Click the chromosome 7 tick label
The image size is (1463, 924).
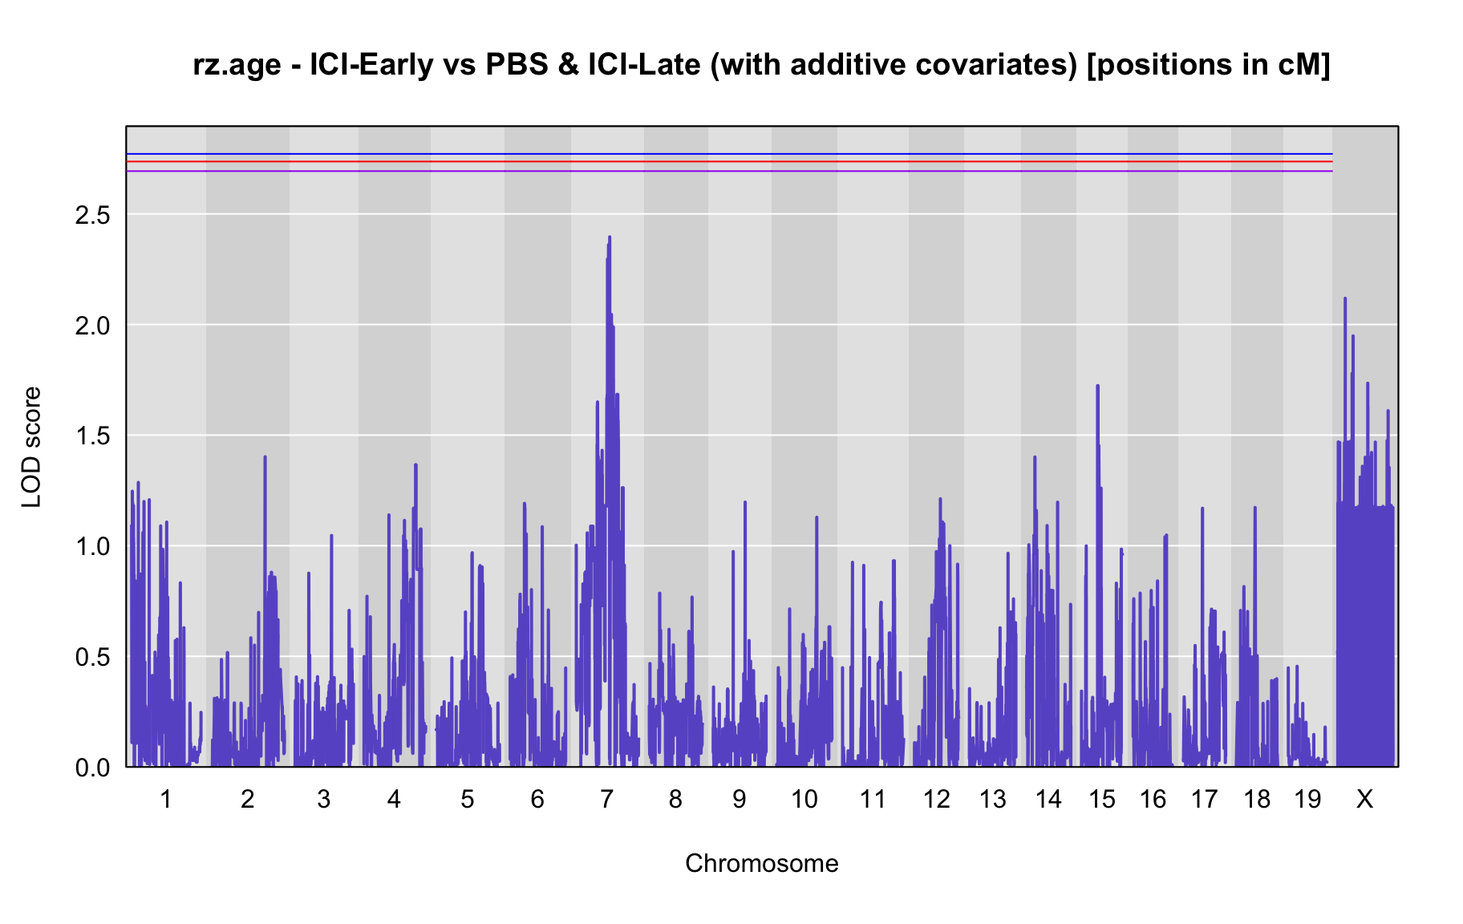(606, 799)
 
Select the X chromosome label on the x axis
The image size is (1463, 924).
(1364, 799)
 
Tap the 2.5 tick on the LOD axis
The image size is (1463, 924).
(92, 215)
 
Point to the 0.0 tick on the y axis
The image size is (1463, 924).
(92, 768)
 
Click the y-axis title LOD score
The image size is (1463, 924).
(31, 447)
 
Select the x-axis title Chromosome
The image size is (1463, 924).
(762, 863)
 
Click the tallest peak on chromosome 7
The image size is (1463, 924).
(610, 237)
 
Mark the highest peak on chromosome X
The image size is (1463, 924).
(1345, 299)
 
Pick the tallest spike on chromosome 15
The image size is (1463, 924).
(1097, 387)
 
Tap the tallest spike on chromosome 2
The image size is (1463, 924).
(265, 457)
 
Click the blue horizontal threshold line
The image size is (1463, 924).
(729, 154)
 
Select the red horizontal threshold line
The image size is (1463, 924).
(729, 162)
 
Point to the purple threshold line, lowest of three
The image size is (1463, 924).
(729, 171)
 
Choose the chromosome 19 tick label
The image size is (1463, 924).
(1307, 799)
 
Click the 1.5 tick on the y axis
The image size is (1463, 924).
(92, 436)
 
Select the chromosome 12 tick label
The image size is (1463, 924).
(936, 799)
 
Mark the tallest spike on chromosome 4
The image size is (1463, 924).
(415, 465)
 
